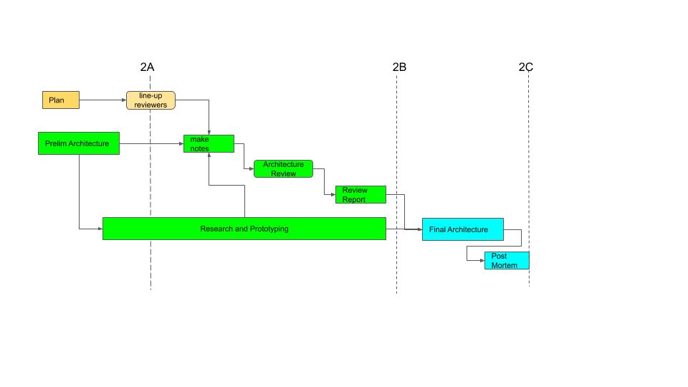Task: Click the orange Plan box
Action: coord(60,100)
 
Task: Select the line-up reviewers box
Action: coord(150,100)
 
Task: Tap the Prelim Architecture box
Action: coord(78,143)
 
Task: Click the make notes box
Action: coord(209,143)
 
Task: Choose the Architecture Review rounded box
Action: coord(283,168)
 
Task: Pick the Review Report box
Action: coord(360,194)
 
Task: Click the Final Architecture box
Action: coord(462,229)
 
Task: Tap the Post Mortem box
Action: coord(507,260)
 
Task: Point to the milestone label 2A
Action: coord(147,67)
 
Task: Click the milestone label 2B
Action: coord(399,67)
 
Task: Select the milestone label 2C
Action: coord(526,67)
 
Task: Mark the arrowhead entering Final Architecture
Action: coord(419,229)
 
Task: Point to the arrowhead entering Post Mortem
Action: coord(482,260)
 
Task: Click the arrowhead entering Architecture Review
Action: coord(251,169)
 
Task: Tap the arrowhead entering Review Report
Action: coord(333,194)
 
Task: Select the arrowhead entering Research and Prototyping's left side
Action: coord(100,229)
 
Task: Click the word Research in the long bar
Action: coord(216,229)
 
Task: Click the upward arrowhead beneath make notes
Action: coord(209,156)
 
